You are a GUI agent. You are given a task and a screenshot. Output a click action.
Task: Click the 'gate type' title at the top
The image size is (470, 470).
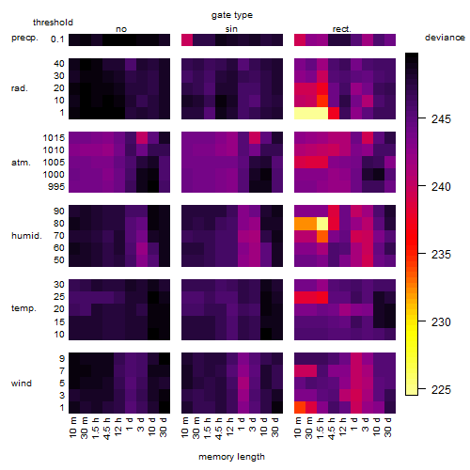coord(232,15)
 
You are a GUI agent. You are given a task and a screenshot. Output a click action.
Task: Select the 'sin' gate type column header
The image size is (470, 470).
coord(231,29)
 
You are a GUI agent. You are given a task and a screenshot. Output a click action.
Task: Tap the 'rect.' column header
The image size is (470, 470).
coord(342,29)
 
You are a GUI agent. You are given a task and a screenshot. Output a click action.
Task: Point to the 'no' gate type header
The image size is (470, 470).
coord(121,29)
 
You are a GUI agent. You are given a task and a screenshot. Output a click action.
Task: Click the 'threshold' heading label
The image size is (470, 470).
coord(53,23)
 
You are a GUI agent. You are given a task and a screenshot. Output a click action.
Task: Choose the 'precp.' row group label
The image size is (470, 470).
coord(24,38)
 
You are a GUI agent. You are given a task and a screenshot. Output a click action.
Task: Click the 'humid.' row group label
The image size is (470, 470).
coord(26,235)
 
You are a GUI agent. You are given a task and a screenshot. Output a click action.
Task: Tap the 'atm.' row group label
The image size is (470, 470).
coord(21,163)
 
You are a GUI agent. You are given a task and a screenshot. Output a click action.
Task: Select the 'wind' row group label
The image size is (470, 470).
coord(22,383)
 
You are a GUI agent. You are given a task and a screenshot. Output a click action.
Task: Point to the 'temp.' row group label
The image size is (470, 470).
coord(23,308)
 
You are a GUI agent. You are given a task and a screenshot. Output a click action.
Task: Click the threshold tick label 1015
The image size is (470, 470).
coord(54,138)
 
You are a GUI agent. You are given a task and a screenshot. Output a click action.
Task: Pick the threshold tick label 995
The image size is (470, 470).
coord(56,187)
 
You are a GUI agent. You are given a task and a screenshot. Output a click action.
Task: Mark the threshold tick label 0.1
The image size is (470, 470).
coord(57,39)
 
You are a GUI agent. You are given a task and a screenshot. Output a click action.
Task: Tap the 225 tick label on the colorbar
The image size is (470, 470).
coord(441,389)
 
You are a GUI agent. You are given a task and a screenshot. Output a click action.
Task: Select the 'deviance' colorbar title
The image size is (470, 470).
coord(445,38)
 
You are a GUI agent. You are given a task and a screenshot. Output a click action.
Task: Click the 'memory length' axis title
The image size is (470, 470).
coord(231,457)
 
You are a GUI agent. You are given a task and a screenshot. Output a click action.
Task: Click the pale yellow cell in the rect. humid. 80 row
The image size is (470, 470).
coord(322,224)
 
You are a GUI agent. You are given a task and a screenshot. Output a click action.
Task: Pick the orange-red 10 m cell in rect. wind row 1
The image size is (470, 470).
coord(300,407)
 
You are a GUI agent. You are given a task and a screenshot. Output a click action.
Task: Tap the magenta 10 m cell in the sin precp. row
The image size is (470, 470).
coord(187,39)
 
